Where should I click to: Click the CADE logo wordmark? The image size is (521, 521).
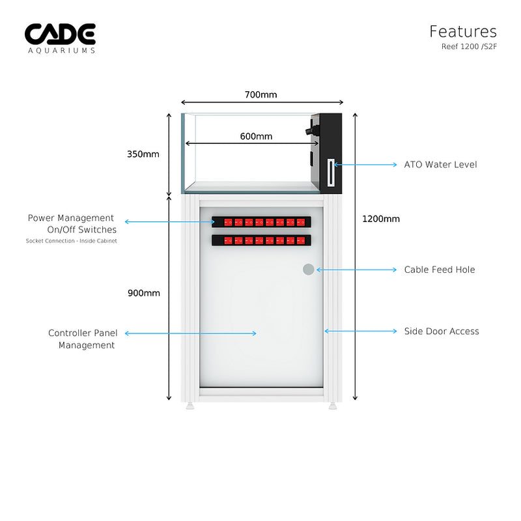[x=60, y=34]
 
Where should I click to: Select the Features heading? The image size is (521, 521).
[x=462, y=31]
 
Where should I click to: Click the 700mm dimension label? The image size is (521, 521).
[x=260, y=94]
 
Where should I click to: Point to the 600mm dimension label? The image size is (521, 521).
[x=256, y=136]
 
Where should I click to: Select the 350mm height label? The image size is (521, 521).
[x=143, y=154]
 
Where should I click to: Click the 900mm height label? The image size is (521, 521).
[x=143, y=293]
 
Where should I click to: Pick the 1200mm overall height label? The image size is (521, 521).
[x=381, y=219]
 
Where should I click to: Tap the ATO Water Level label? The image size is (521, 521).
[x=440, y=165]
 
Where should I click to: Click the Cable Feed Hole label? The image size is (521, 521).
[x=440, y=270]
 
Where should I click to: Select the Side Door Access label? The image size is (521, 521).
[x=442, y=331]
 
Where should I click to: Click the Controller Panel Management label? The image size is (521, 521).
[x=83, y=339]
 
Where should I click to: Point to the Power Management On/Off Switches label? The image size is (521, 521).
[x=72, y=223]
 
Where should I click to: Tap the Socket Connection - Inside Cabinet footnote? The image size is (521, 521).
[x=72, y=241]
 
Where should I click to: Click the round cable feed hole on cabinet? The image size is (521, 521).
[x=309, y=269]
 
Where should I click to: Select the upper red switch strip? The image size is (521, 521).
[x=261, y=222]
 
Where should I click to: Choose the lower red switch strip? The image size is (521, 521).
[x=261, y=240]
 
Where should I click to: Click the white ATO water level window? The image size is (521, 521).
[x=332, y=173]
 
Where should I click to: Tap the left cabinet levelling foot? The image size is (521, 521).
[x=190, y=406]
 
